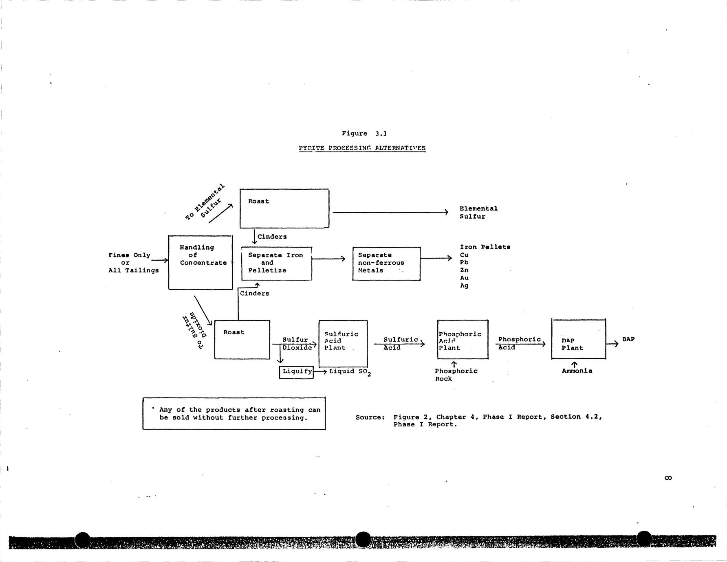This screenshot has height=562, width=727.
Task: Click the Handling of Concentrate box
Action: (200, 263)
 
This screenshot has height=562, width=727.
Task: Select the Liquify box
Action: (296, 372)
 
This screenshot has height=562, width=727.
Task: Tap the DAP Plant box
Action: (578, 339)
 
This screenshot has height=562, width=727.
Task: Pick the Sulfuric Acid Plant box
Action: (343, 344)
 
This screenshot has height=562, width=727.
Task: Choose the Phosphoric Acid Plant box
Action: (463, 340)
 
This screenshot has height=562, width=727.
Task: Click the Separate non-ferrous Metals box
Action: (386, 263)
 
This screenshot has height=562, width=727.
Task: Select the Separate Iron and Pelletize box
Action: (276, 263)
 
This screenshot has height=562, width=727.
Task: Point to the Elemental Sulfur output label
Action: (478, 213)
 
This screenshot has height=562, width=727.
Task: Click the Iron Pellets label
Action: (485, 247)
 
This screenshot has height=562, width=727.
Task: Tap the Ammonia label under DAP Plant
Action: (577, 371)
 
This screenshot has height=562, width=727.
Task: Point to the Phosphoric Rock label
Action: (456, 375)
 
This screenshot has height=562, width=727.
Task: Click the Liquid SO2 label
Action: (350, 372)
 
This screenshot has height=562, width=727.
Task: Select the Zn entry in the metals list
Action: (464, 270)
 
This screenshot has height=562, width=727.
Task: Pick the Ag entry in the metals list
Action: (464, 286)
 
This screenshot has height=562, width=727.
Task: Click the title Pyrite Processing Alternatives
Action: (362, 148)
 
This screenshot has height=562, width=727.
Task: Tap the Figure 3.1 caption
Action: (364, 134)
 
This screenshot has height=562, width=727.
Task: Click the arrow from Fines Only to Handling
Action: (160, 260)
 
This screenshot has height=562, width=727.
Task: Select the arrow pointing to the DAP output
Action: (612, 344)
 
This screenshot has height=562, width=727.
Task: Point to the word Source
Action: (370, 417)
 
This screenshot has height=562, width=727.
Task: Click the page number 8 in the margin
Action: (668, 478)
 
